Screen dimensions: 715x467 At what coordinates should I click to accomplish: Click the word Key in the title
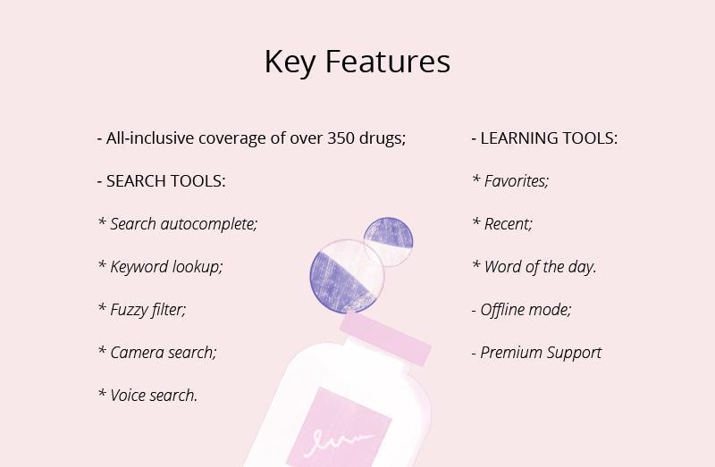pos(290,62)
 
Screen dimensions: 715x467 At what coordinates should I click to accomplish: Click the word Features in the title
pos(388,61)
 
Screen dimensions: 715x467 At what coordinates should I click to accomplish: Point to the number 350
pos(341,138)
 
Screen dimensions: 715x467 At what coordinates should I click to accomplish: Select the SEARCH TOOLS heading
pos(162,181)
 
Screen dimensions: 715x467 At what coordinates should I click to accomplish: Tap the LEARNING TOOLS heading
pos(544,138)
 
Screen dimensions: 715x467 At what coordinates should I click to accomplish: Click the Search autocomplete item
pos(178,224)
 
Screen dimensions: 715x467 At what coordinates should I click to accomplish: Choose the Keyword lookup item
pos(161,267)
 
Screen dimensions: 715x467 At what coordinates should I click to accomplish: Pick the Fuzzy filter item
pos(142,310)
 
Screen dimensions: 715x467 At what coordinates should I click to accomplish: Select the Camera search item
pos(157,352)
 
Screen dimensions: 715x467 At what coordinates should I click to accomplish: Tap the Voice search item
pos(147,395)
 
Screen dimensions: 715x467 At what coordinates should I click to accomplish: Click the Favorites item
pos(510,181)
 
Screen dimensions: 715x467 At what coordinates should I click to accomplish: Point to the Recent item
pos(502,224)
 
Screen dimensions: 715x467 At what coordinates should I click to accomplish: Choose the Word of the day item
pos(534,267)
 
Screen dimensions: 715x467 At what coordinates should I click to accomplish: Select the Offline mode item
pos(521,310)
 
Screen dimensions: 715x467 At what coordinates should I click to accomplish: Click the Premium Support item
pos(536,353)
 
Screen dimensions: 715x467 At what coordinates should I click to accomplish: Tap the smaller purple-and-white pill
pos(389,241)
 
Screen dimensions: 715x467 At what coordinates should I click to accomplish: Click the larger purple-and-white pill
pos(347,277)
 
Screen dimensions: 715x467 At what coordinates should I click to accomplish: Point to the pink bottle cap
pos(385,338)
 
